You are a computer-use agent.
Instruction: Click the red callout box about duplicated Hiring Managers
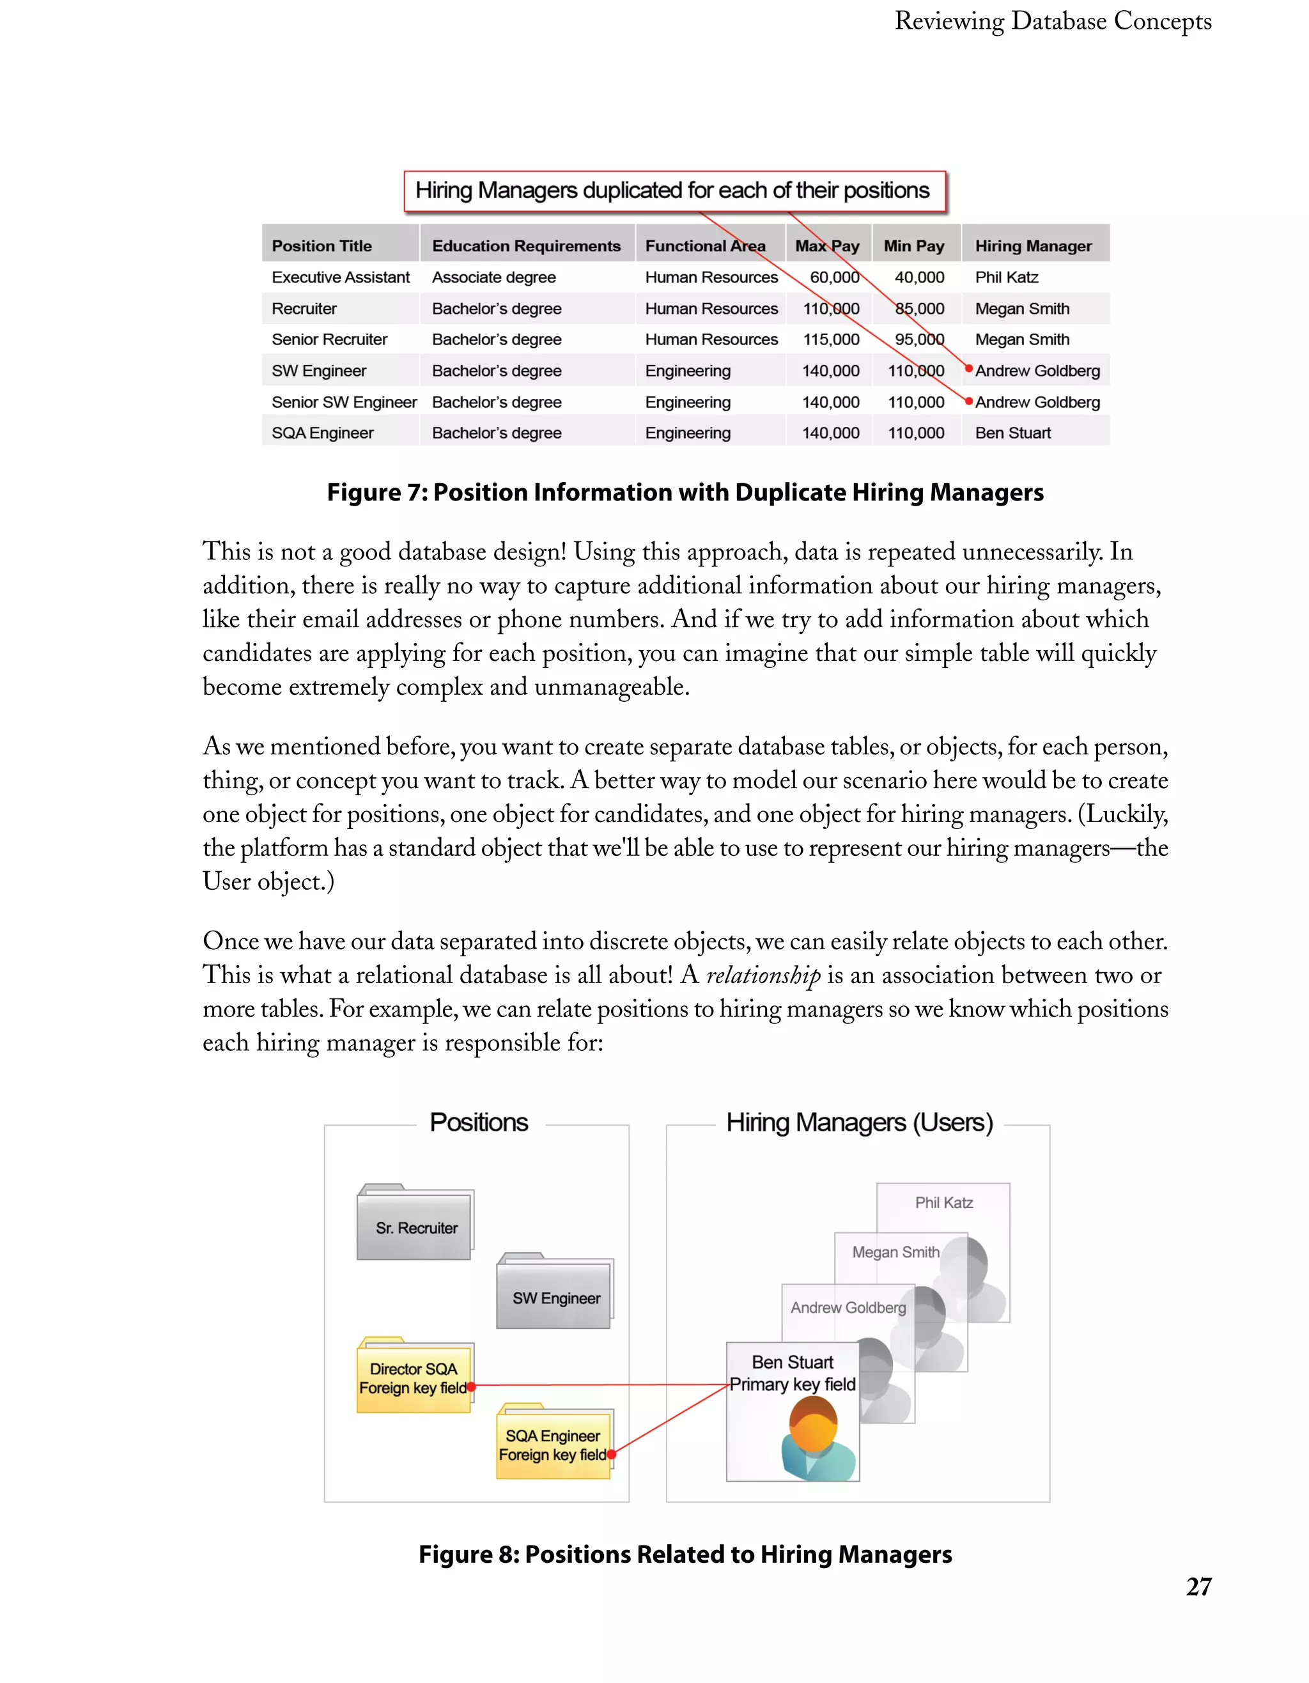pyautogui.click(x=674, y=190)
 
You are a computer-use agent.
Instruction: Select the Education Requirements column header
pyautogui.click(x=526, y=246)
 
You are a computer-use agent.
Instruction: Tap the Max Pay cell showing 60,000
pyautogui.click(x=833, y=277)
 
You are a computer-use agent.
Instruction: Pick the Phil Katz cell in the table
pyautogui.click(x=1006, y=277)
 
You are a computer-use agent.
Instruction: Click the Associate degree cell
pyautogui.click(x=493, y=277)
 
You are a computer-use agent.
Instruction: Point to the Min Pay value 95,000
pyautogui.click(x=918, y=340)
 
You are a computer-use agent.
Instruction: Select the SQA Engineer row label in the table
pyautogui.click(x=322, y=433)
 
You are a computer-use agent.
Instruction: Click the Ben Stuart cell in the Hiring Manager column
pyautogui.click(x=1012, y=433)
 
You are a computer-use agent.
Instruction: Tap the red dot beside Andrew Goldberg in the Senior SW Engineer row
pyautogui.click(x=968, y=401)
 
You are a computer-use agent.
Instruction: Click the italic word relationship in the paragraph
pyautogui.click(x=763, y=975)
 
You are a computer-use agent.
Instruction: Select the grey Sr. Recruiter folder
pyautogui.click(x=415, y=1227)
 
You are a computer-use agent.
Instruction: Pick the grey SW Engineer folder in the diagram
pyautogui.click(x=555, y=1298)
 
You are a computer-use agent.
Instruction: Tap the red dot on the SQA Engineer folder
pyautogui.click(x=611, y=1455)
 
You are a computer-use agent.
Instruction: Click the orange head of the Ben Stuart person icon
pyautogui.click(x=813, y=1423)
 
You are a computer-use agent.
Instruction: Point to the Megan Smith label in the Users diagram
pyautogui.click(x=895, y=1252)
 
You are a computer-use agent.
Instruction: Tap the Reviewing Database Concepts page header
pyautogui.click(x=1053, y=22)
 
